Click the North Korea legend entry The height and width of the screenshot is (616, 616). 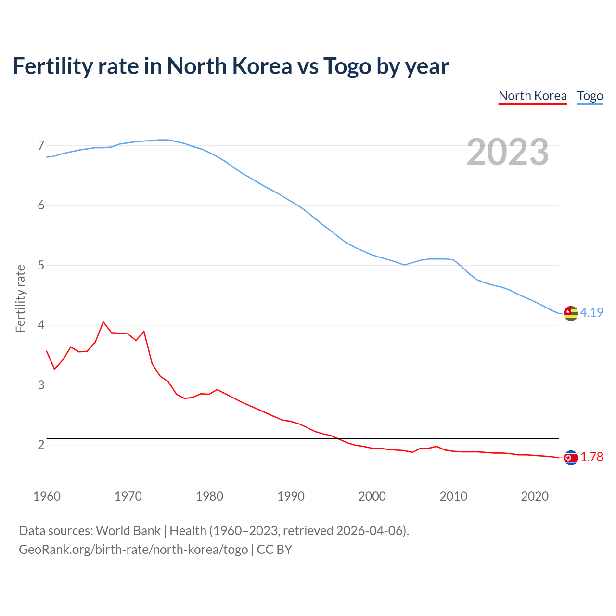tap(532, 96)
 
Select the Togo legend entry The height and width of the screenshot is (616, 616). tap(590, 96)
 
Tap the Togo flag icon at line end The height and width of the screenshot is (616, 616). tap(571, 313)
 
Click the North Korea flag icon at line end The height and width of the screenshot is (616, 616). tap(571, 458)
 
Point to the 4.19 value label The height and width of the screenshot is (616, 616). tap(591, 312)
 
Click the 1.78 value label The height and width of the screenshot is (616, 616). tap(591, 457)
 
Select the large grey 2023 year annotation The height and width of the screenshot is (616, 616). tap(508, 152)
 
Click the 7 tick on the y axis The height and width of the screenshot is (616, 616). tap(41, 145)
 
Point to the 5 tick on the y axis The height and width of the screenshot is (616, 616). tap(41, 265)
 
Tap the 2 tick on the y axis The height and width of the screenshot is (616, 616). tap(41, 445)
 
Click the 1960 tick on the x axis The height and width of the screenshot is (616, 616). tap(47, 496)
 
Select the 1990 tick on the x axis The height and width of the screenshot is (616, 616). tap(291, 496)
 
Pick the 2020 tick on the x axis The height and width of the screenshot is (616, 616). tap(535, 496)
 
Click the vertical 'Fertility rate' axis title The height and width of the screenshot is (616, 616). tap(20, 298)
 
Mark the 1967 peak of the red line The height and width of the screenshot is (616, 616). tap(103, 322)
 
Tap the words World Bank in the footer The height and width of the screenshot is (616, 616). tap(128, 531)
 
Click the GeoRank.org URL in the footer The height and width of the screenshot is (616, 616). tap(133, 550)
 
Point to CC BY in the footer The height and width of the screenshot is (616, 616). tap(274, 550)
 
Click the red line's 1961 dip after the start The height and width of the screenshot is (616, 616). tap(54, 369)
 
